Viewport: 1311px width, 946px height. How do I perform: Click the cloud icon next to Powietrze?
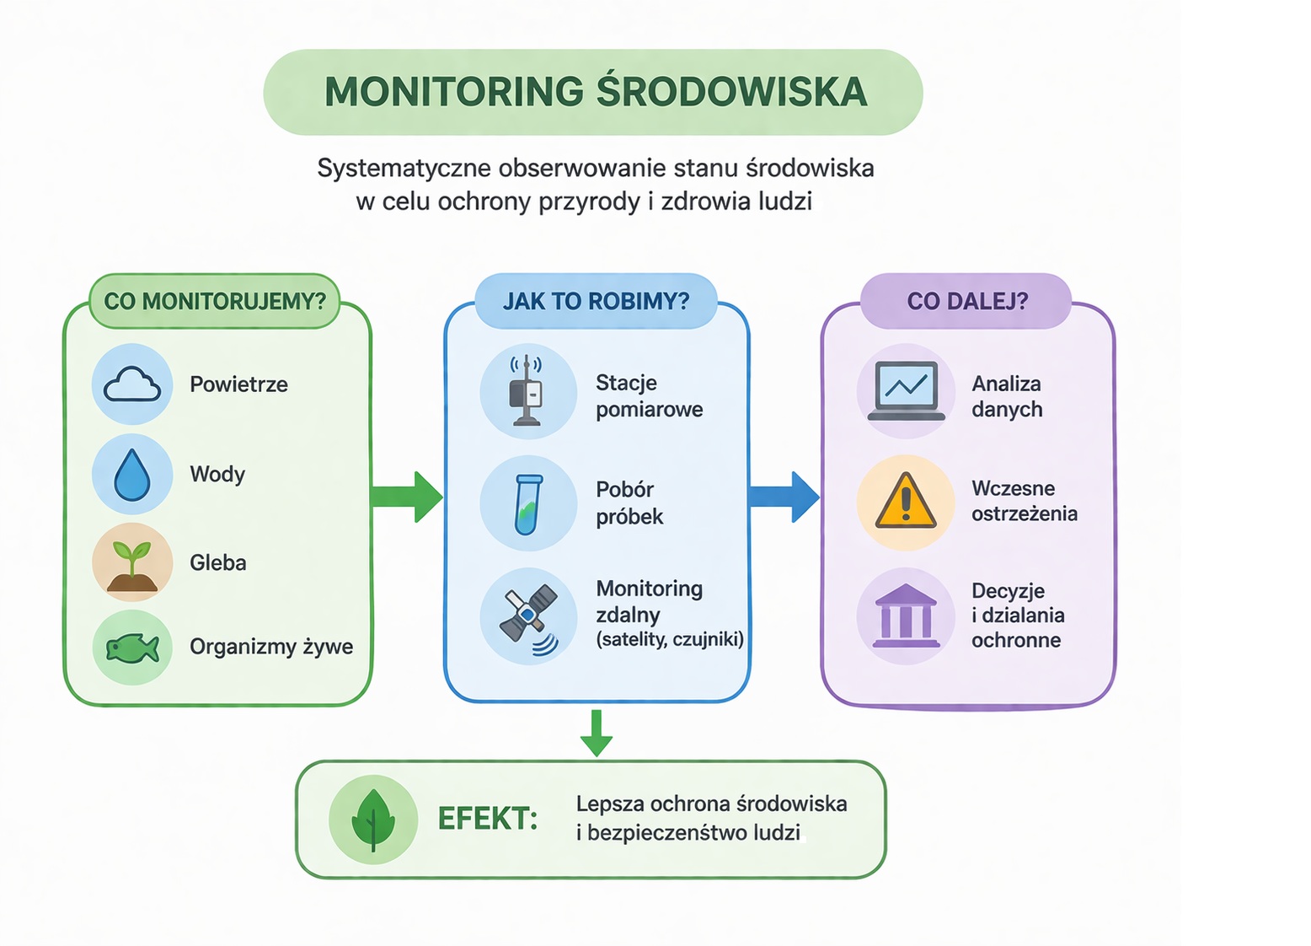132,384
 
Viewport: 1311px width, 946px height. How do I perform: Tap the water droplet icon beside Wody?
132,475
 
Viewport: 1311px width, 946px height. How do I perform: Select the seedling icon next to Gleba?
132,563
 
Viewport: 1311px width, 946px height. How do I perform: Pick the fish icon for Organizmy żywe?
132,648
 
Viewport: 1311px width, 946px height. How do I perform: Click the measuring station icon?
527,391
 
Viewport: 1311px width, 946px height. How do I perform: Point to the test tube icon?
528,504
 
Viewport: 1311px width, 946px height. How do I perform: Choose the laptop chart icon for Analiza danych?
906,390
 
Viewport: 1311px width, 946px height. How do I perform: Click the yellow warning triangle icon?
906,503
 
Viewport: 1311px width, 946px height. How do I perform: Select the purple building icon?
906,615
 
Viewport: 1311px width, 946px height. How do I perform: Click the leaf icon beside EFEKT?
373,819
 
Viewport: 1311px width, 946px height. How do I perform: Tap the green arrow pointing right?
408,497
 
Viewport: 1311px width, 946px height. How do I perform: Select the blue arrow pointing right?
784,497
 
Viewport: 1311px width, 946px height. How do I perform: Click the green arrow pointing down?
597,733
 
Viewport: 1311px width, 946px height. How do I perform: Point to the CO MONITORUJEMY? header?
215,301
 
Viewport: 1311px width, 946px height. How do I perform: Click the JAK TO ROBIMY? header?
597,301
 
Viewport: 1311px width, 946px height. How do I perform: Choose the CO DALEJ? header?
967,301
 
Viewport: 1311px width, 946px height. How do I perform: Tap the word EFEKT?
488,819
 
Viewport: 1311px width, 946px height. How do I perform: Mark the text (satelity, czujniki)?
670,640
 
